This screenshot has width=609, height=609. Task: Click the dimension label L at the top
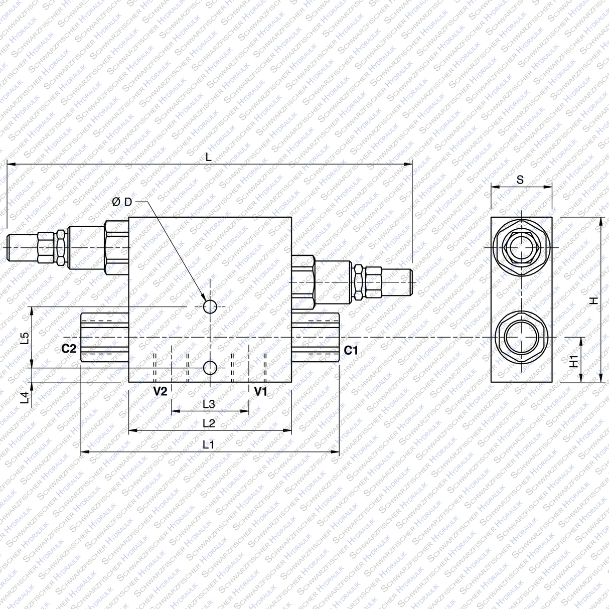209,157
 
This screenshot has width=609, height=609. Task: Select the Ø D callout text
122,202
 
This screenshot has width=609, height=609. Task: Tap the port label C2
69,349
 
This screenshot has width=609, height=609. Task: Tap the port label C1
351,350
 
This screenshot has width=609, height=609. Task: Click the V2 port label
160,392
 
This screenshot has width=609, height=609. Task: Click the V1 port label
261,392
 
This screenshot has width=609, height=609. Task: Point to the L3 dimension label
209,404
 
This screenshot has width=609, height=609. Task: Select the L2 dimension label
209,423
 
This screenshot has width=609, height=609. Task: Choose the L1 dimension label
209,444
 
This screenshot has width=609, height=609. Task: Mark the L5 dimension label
25,338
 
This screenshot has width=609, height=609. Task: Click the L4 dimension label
25,398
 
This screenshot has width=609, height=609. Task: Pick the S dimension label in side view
520,180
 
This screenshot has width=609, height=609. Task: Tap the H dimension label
594,300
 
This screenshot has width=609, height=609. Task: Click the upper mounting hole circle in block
210,307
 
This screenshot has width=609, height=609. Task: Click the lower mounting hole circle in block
210,368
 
